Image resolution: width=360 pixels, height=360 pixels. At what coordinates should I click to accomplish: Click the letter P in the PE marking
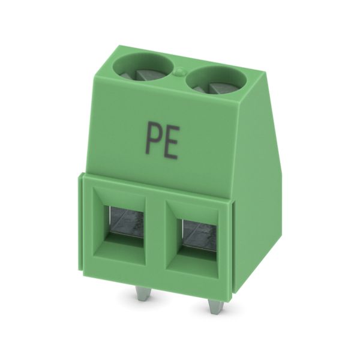[x=152, y=139]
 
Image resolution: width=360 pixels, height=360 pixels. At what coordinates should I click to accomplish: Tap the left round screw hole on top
[x=143, y=67]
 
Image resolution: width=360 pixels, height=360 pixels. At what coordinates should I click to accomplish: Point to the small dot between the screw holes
[x=180, y=71]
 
